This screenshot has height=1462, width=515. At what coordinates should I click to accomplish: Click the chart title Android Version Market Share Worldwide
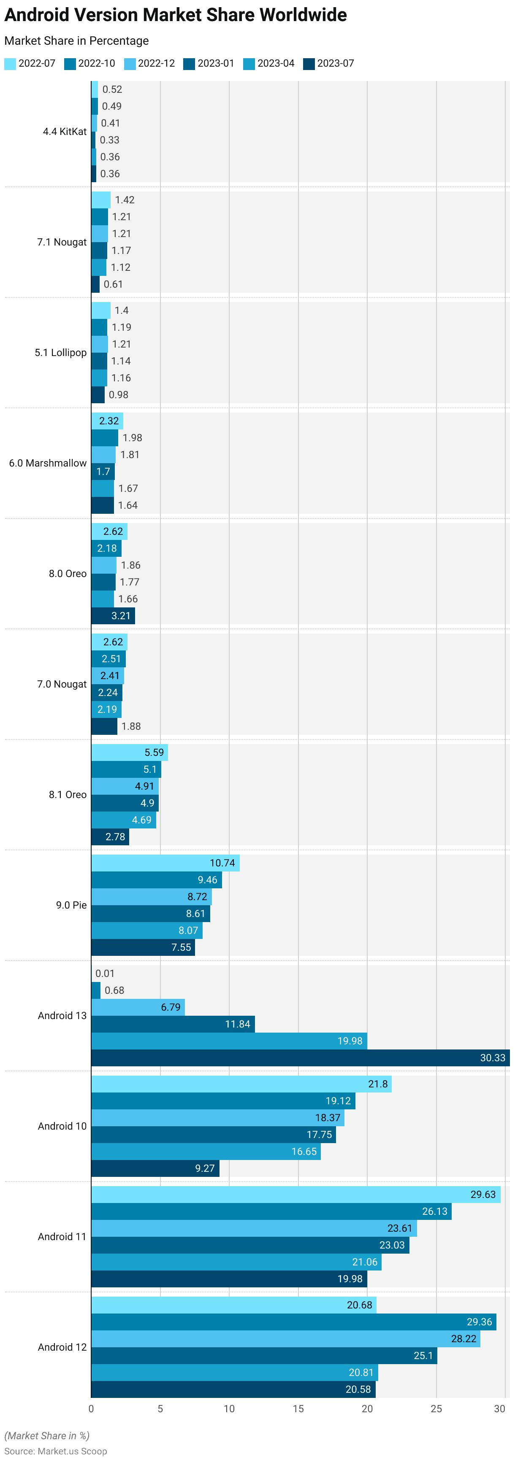[x=176, y=15]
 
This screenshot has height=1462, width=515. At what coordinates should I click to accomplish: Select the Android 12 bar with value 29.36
[x=293, y=1322]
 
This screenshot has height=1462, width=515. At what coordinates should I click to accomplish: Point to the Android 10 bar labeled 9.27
[x=155, y=1168]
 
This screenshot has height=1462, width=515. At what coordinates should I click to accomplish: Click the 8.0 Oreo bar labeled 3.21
[x=113, y=616]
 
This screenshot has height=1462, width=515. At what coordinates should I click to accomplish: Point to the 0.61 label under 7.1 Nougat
[x=113, y=284]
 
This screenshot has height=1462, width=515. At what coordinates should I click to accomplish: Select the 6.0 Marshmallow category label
[x=48, y=463]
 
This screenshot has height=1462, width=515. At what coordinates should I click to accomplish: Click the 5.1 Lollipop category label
[x=60, y=353]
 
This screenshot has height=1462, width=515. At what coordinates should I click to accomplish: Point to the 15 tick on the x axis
[x=298, y=1409]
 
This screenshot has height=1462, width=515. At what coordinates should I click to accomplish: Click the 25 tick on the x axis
[x=436, y=1409]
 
